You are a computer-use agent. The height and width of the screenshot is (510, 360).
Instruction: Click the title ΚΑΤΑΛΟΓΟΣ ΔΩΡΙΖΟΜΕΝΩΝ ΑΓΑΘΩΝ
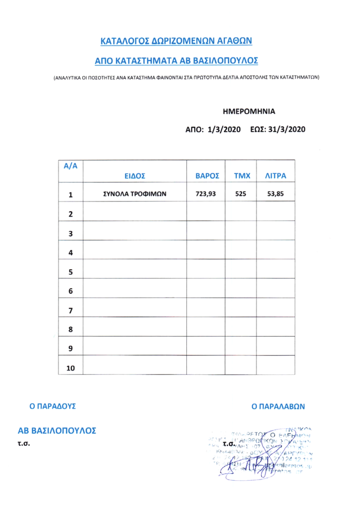pyautogui.click(x=175, y=41)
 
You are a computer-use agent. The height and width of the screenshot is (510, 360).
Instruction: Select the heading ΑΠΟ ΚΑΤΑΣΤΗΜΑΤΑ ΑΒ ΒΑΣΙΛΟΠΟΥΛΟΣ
pyautogui.click(x=175, y=60)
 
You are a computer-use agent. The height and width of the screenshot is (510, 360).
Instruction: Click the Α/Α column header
pyautogui.click(x=71, y=166)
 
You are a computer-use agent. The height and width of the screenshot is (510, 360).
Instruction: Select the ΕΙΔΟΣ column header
pyautogui.click(x=134, y=176)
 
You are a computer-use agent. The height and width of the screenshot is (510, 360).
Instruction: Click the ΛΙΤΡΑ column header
pyautogui.click(x=276, y=176)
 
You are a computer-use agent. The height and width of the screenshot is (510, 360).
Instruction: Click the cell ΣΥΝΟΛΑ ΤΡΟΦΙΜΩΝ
pyautogui.click(x=134, y=194)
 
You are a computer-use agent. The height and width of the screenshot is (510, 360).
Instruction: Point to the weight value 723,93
pyautogui.click(x=206, y=194)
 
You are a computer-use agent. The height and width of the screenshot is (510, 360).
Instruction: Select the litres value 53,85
pyautogui.click(x=276, y=194)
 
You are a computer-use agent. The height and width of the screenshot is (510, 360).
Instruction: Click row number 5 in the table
pyautogui.click(x=71, y=272)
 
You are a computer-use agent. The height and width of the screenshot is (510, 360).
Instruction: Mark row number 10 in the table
pyautogui.click(x=71, y=368)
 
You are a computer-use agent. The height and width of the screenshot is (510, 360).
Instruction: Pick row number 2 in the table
pyautogui.click(x=71, y=214)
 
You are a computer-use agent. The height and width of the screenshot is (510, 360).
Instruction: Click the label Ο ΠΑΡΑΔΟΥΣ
pyautogui.click(x=53, y=405)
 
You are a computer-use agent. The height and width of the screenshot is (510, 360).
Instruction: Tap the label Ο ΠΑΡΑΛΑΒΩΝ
pyautogui.click(x=278, y=405)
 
